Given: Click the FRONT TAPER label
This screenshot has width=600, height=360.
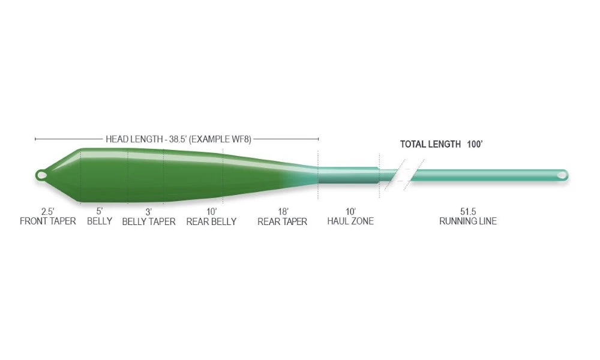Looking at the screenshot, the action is pos(48,221).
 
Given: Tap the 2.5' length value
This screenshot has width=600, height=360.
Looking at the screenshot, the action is pos(48,211).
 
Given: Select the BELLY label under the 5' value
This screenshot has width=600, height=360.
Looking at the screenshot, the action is pos(100,221).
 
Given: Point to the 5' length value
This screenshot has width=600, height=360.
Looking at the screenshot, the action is pos(100,211).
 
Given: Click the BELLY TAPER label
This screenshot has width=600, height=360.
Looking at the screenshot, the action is pos(149,221).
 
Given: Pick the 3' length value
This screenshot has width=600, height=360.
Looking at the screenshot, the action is pos(148,212).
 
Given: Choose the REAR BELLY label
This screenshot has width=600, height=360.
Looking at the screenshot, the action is pos(211,221).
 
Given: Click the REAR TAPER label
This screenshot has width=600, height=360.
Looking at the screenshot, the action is pos(283,221).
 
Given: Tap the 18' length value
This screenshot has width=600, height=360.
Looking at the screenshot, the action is pos(283,212).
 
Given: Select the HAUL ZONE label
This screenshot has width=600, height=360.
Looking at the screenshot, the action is pos(350,221).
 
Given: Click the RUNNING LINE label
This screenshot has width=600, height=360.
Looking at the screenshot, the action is pos(468,221).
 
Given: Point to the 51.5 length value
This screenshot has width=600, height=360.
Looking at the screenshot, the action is pos(468,211).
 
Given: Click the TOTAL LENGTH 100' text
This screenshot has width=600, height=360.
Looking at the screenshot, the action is pos(442,144).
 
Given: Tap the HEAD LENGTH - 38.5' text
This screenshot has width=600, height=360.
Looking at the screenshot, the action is pos(146,139).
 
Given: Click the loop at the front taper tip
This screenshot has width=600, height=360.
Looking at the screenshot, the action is pos(41,175).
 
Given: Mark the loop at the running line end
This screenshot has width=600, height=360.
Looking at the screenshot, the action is pos(562,175).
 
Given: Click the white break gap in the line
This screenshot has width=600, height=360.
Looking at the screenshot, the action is pos(404,175).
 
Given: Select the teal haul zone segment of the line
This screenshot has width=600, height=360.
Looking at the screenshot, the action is pos(349,175).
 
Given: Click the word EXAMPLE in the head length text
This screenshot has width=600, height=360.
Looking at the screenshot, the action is pos(209,139).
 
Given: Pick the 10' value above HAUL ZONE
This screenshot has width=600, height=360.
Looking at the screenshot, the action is pos(350,211).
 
